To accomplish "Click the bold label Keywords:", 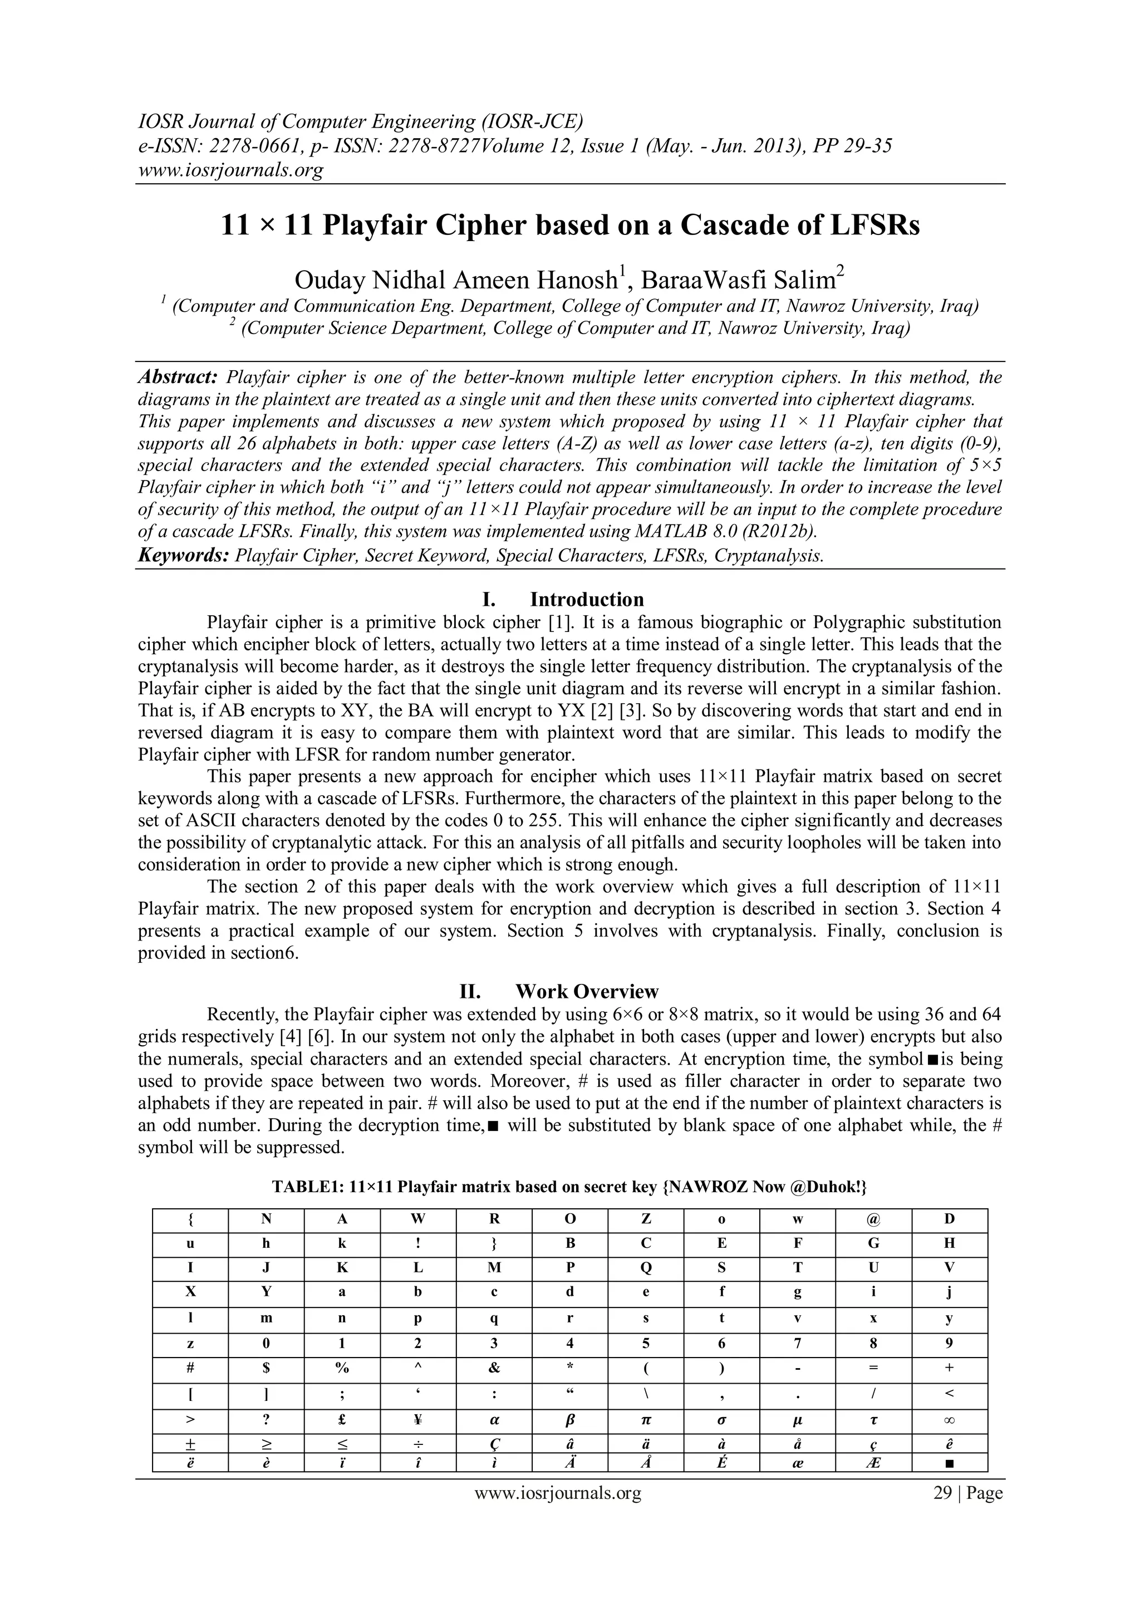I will click(183, 556).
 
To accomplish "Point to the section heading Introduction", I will click(586, 600).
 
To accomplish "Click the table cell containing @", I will click(873, 1219).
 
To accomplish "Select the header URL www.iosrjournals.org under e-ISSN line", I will click(231, 170).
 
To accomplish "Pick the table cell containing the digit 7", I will click(798, 1343).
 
